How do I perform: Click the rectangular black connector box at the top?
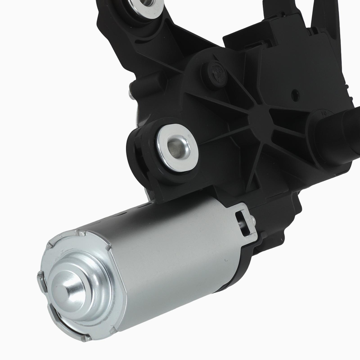[x=281, y=36]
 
